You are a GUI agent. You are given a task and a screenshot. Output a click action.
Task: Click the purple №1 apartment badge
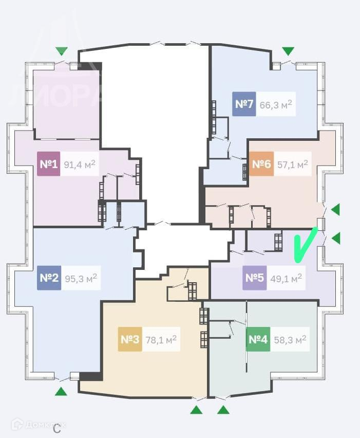click(48, 165)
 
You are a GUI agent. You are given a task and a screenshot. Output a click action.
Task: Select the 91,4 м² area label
click(80, 165)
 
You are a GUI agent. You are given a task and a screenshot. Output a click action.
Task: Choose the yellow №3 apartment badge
click(130, 339)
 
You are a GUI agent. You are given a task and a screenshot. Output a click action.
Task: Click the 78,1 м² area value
click(161, 339)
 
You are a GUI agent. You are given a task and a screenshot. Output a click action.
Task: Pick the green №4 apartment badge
click(258, 339)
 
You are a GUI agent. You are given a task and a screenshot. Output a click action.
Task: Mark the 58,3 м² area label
click(290, 339)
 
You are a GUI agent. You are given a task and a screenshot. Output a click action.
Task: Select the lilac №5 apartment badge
click(254, 278)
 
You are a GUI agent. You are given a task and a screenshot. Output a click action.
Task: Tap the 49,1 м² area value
click(286, 278)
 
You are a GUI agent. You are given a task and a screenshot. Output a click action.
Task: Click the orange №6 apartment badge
click(261, 165)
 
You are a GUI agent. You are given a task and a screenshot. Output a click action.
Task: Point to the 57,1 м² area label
click(292, 165)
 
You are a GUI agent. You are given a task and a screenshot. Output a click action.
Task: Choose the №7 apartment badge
click(244, 104)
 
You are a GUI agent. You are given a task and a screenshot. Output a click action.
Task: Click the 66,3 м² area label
click(276, 104)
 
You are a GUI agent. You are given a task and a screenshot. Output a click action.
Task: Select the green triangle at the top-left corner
click(62, 51)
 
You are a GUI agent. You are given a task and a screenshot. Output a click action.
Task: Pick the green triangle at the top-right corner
click(288, 51)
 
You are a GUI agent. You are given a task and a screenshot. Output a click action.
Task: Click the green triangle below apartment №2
click(61, 392)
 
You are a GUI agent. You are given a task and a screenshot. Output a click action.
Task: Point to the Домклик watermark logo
click(39, 424)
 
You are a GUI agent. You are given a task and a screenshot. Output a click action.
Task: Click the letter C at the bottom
click(57, 428)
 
